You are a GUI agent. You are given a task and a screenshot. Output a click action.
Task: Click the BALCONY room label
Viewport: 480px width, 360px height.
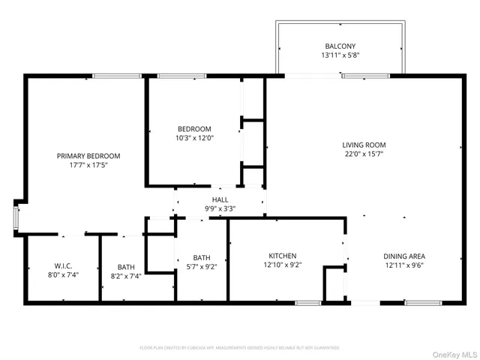point(340,45)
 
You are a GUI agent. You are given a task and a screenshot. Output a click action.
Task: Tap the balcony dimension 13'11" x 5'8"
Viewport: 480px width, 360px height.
point(340,55)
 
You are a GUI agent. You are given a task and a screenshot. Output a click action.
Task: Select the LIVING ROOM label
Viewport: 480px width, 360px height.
point(364,145)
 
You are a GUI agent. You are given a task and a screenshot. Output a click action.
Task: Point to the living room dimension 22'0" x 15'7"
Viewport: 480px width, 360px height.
point(364,154)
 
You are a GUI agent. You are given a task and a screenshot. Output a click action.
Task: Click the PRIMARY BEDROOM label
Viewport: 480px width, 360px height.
point(88,156)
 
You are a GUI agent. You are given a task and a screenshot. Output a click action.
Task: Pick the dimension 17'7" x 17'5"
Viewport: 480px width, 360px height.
point(88,166)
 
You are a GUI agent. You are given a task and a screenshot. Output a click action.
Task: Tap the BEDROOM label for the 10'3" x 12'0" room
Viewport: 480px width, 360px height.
point(194,128)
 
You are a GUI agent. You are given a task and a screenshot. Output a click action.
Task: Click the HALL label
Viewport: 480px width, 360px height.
point(220,199)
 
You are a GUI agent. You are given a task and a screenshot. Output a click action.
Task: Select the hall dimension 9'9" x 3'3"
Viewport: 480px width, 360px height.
point(220,208)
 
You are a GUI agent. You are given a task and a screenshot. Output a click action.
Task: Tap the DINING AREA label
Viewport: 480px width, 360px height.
point(404,256)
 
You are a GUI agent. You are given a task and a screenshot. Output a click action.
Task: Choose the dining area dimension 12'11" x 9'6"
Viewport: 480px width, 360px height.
point(404,265)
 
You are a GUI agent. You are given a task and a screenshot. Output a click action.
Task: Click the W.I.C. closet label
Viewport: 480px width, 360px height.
point(62,266)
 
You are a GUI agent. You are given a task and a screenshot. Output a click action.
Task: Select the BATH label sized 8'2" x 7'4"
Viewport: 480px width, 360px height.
point(126,266)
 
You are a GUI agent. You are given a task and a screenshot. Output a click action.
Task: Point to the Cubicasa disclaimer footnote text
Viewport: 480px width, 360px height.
point(240,348)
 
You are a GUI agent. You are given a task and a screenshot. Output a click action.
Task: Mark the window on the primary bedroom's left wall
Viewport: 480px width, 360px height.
point(16,217)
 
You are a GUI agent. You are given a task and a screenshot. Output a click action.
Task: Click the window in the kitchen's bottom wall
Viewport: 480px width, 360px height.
point(307,303)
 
